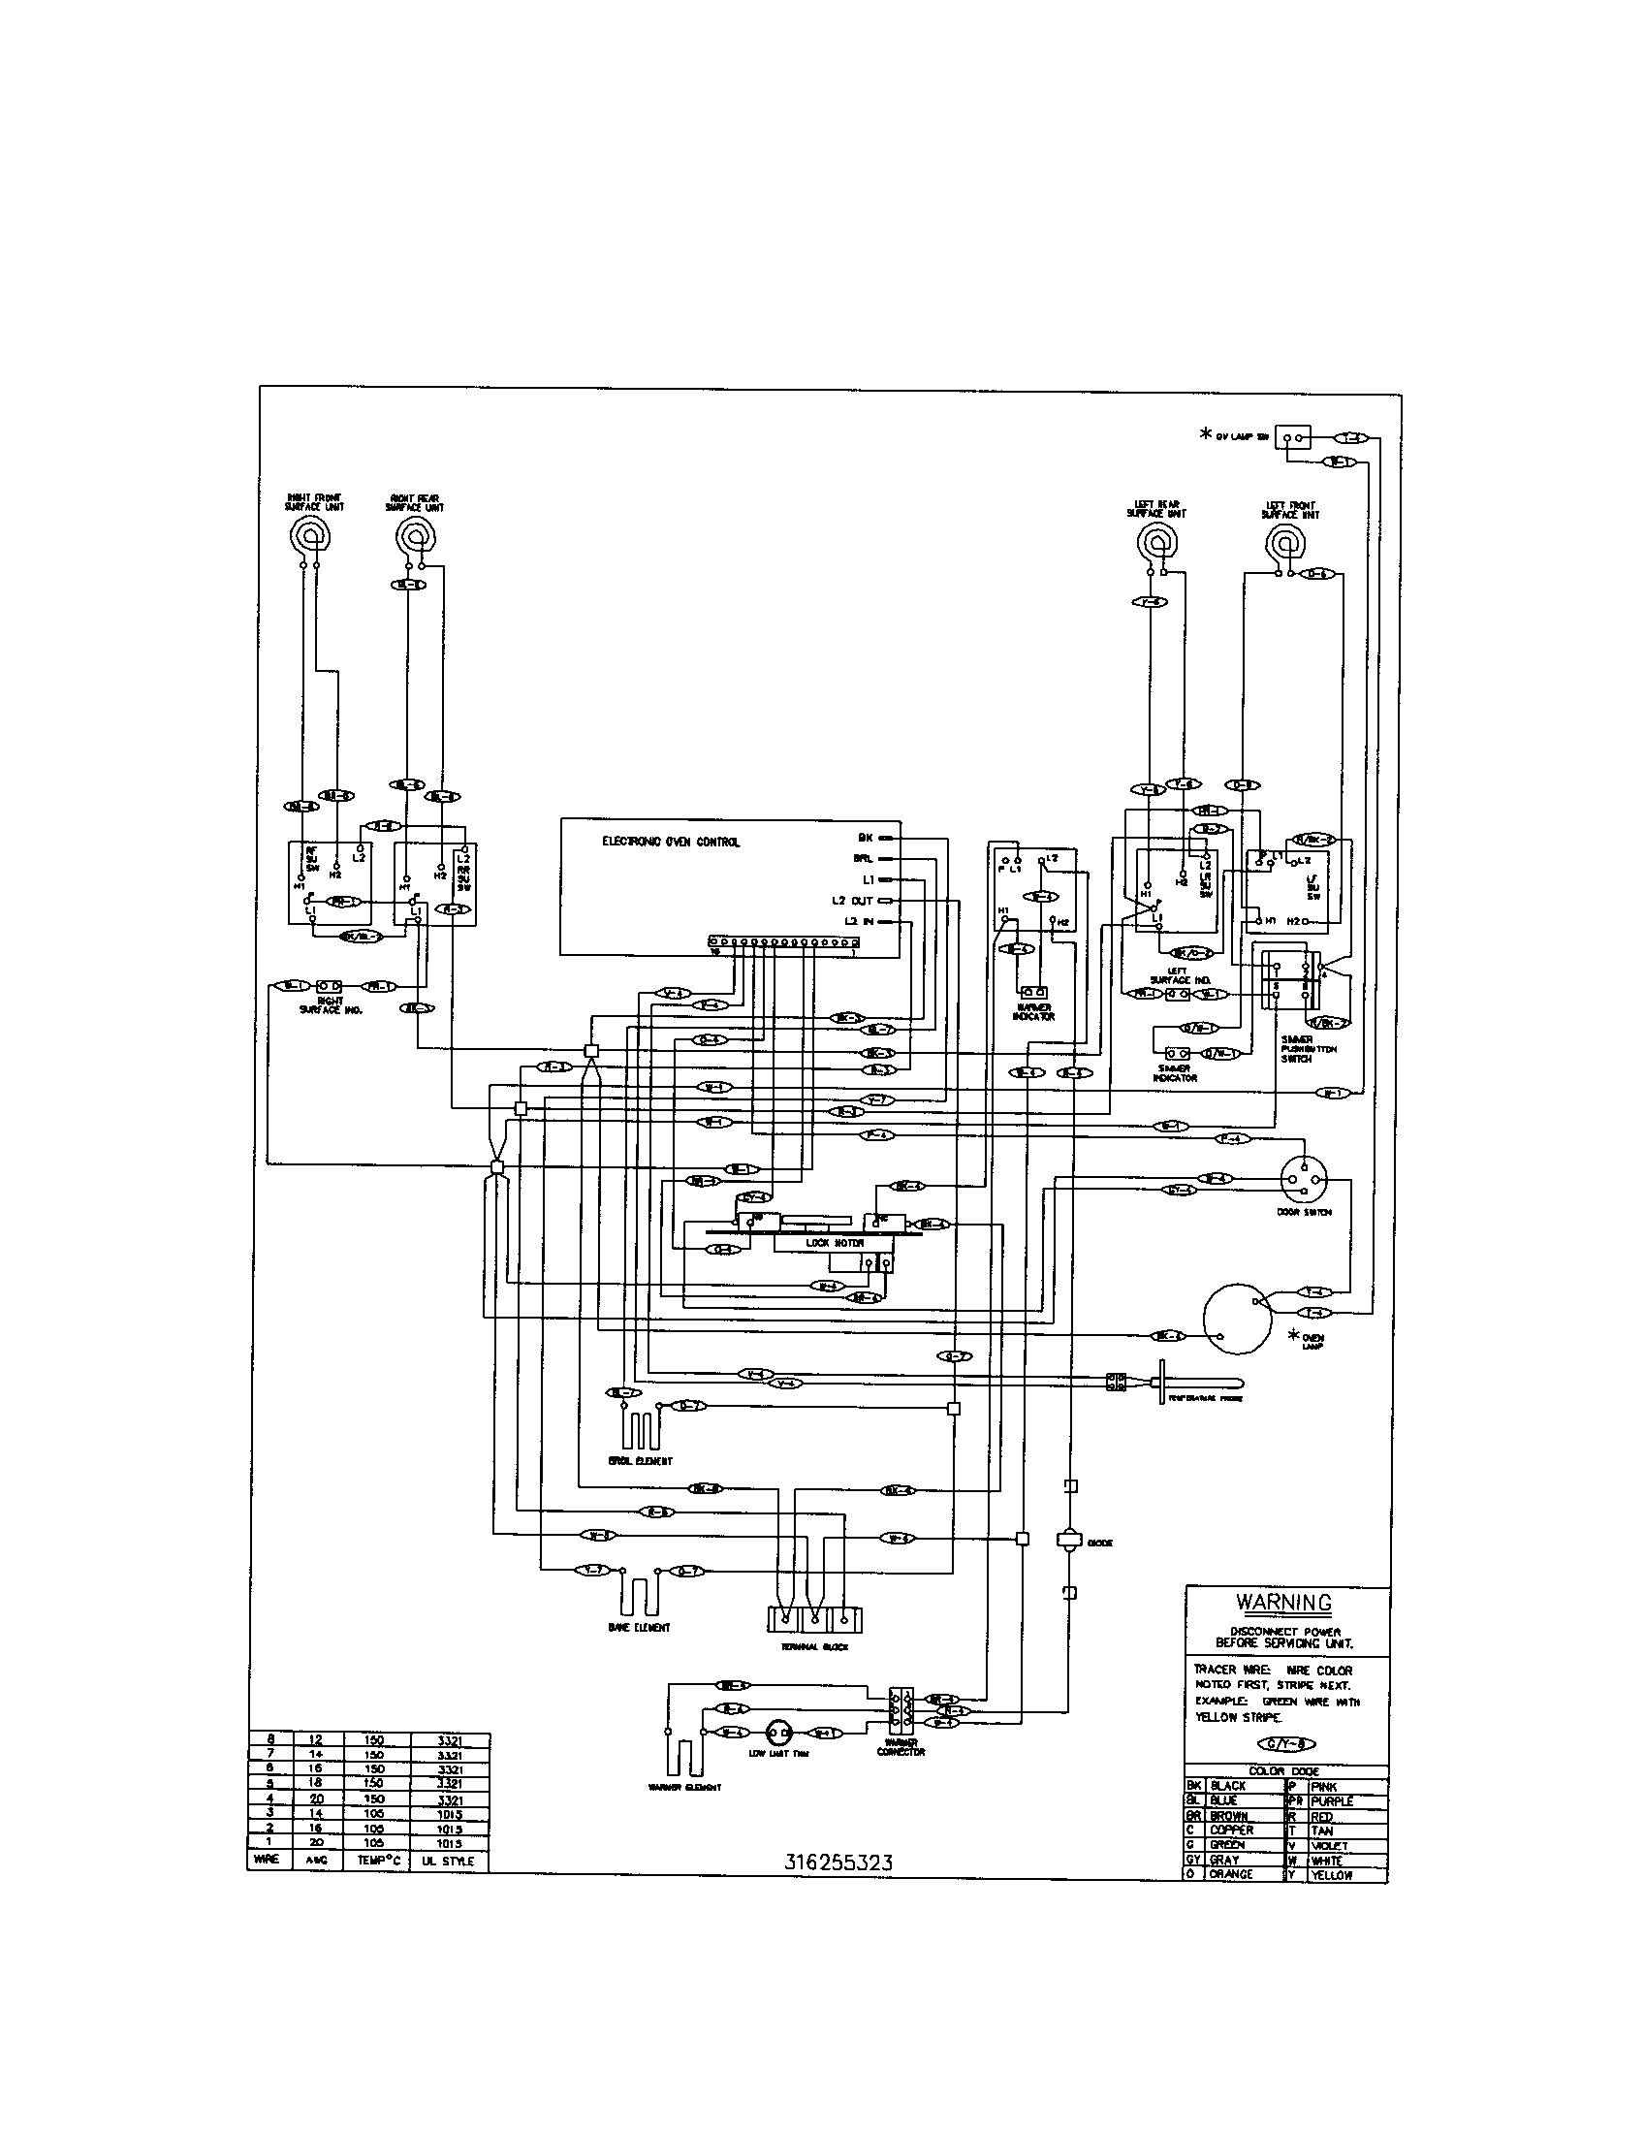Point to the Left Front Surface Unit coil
(1284, 543)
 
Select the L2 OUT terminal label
(852, 901)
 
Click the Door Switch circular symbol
(1305, 1180)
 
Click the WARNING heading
(1283, 1603)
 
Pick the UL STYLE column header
(449, 1862)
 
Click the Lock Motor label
(834, 1243)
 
